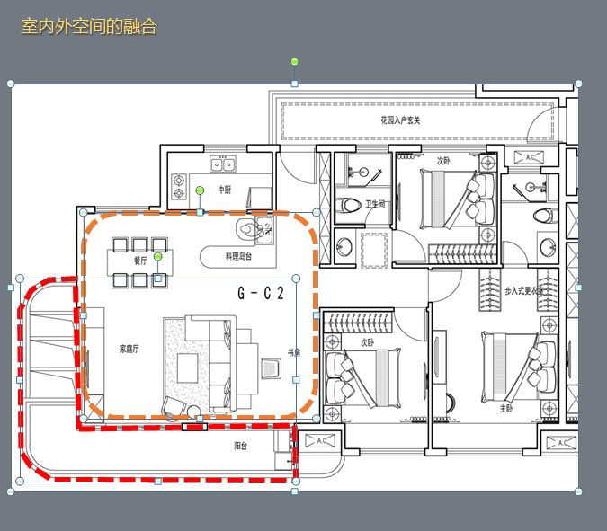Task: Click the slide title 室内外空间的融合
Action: click(88, 27)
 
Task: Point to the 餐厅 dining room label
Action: click(140, 261)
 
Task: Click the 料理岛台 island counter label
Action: click(239, 256)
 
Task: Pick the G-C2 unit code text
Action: click(261, 293)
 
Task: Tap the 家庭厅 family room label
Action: click(129, 348)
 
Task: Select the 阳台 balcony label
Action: click(241, 445)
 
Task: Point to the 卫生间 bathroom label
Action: click(374, 205)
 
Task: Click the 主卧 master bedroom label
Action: click(507, 407)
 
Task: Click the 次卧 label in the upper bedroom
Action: click(442, 162)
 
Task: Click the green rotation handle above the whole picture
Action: click(294, 62)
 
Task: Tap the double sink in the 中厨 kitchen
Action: click(222, 164)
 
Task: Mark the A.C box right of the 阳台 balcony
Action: click(318, 441)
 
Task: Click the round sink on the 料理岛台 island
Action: click(246, 227)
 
